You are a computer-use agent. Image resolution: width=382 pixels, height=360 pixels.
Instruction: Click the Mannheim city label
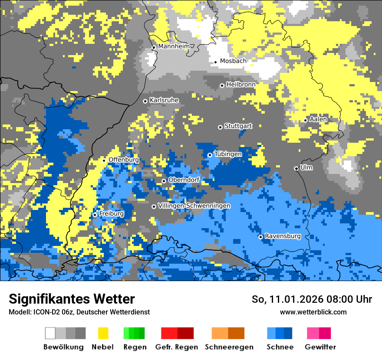(x=174, y=46)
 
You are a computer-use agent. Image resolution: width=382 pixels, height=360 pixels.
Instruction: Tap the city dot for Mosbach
(x=215, y=62)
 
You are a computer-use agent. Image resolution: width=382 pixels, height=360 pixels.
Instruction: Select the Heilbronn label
(x=241, y=84)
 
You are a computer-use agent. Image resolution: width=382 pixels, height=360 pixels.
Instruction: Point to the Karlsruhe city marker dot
(x=145, y=101)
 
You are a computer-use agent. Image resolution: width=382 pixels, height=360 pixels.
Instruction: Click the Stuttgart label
(x=238, y=126)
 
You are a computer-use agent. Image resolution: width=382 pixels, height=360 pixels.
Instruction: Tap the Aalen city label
(x=318, y=119)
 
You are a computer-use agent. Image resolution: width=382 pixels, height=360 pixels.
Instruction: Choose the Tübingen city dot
(x=210, y=155)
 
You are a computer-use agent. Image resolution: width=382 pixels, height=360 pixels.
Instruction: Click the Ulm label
(x=306, y=167)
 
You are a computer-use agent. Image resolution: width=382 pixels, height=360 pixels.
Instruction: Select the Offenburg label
(x=124, y=160)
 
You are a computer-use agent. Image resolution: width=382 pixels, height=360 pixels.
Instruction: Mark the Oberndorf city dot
(x=164, y=181)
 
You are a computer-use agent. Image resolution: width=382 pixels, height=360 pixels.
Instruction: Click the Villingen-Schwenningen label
(x=194, y=206)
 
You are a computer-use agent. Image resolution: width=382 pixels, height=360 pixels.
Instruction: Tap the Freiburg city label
(x=111, y=214)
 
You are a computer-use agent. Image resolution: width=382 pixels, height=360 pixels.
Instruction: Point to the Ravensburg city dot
(x=260, y=237)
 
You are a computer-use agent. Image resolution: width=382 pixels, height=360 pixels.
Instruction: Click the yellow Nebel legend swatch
(x=103, y=333)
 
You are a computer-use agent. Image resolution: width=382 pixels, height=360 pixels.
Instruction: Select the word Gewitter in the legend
(x=320, y=347)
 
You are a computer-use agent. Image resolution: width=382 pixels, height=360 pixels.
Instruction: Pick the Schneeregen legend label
(x=229, y=347)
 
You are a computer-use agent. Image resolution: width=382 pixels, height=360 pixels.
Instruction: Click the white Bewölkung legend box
(x=50, y=333)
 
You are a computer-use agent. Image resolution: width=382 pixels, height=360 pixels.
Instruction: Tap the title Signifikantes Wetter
(x=72, y=299)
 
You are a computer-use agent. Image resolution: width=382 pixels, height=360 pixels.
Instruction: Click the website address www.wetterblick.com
(x=313, y=312)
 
